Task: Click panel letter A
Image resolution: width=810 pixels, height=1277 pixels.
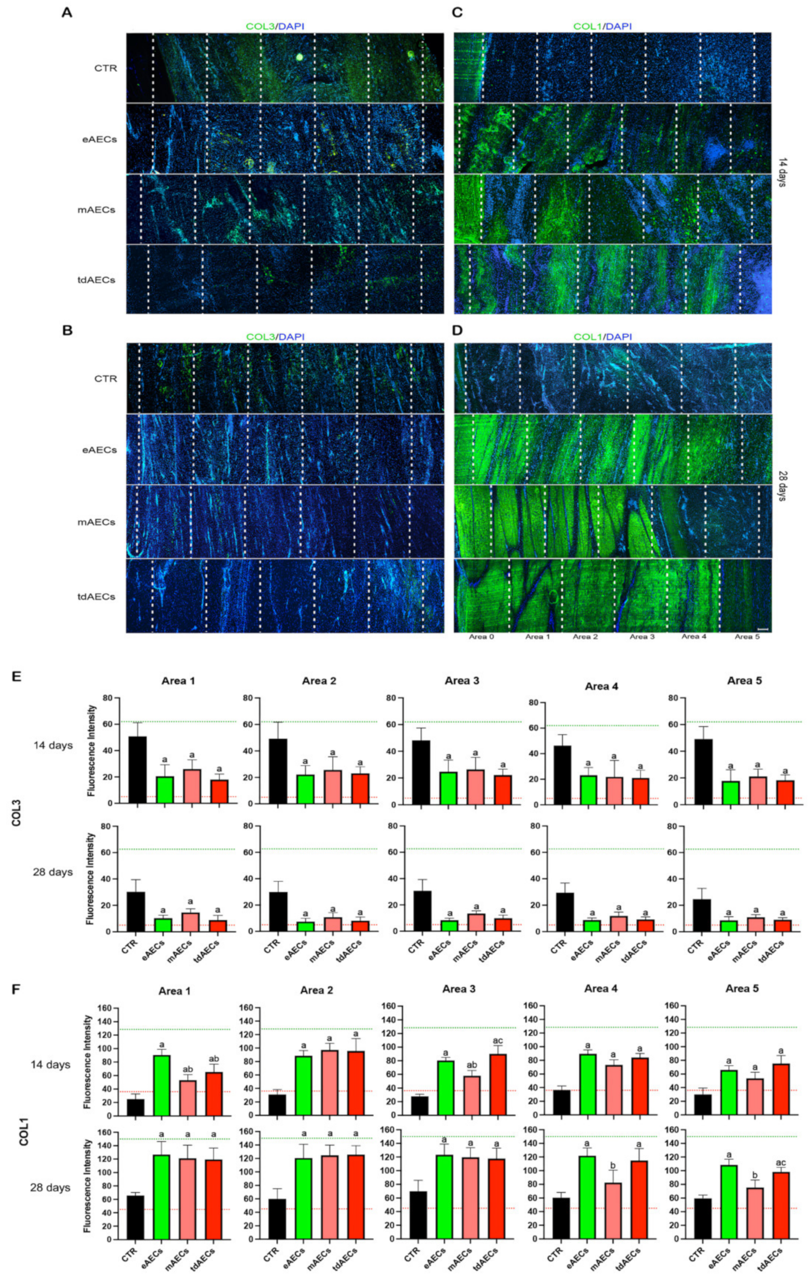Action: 66,13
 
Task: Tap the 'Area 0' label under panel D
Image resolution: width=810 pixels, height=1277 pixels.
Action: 481,636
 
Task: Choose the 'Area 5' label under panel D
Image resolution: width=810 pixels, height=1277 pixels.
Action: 746,636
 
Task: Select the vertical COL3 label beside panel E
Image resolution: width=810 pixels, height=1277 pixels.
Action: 17,827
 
